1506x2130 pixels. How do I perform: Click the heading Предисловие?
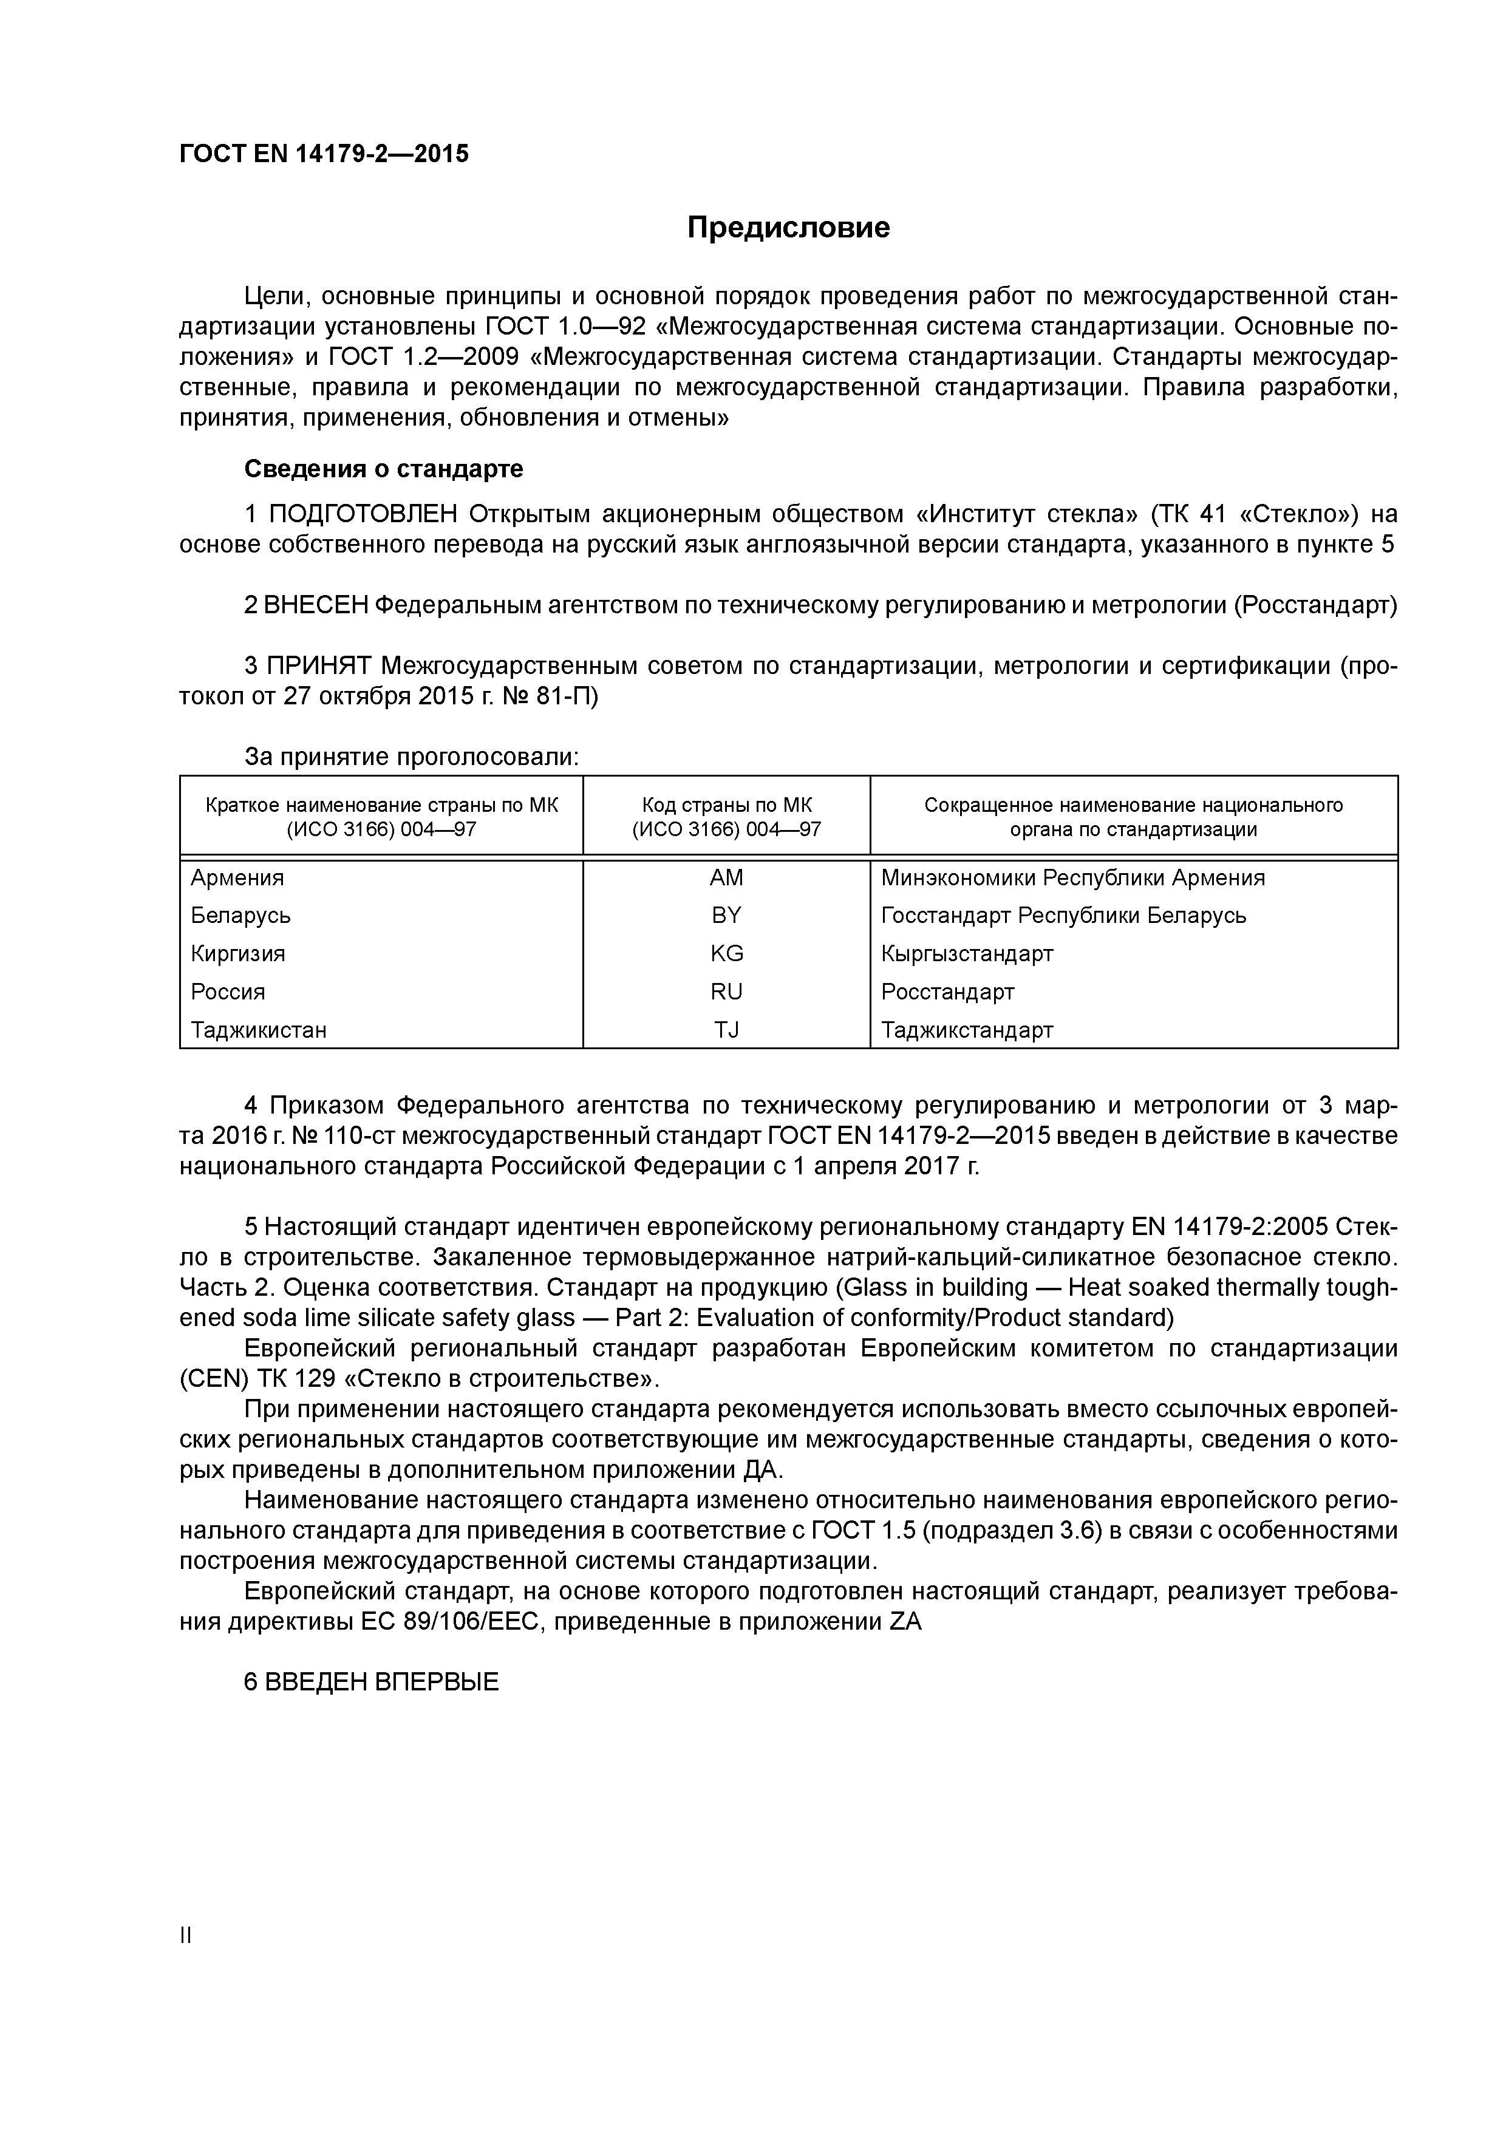788,227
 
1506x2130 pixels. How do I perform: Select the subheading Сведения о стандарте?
383,469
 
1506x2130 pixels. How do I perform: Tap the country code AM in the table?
726,877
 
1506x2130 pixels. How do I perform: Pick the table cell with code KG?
726,954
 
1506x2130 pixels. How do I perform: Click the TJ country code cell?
726,1030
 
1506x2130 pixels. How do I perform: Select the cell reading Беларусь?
240,916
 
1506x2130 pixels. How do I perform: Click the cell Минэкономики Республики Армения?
1072,877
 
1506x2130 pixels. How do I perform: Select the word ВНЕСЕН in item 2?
316,605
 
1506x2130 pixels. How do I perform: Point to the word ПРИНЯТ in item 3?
319,666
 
